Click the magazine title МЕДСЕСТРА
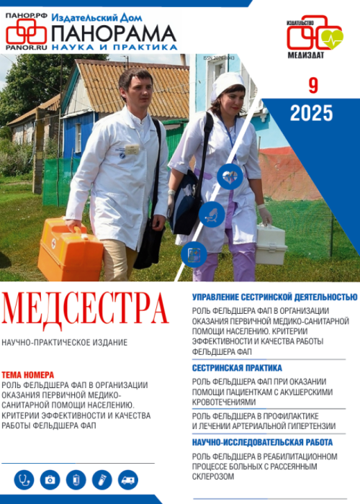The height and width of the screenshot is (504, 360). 86,309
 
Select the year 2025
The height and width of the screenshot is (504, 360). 311,113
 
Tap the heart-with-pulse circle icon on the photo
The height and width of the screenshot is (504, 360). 230,176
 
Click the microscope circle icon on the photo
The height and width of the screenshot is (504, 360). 212,214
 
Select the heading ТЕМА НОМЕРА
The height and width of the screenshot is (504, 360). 32,375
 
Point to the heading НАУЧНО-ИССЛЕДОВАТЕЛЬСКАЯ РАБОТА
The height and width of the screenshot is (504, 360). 262,442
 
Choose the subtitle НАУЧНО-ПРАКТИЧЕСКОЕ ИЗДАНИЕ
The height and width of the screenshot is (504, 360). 65,342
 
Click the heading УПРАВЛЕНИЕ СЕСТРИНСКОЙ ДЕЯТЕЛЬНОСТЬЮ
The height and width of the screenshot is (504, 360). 274,296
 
